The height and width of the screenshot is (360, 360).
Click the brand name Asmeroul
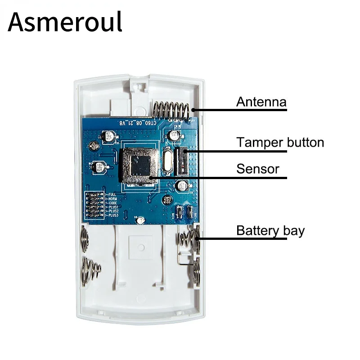click(x=65, y=22)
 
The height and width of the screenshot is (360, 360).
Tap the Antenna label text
click(x=261, y=102)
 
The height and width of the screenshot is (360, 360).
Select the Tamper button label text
click(x=280, y=143)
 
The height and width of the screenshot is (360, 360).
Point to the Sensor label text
click(x=258, y=169)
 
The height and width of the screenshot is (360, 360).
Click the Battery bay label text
click(x=270, y=231)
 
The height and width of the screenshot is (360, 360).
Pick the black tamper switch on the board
click(x=183, y=161)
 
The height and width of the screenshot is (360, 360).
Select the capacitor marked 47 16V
click(x=108, y=135)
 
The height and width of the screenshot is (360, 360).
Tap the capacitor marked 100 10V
click(x=99, y=168)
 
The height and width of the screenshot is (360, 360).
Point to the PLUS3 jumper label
click(x=114, y=216)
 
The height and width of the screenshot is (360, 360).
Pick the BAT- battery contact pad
click(x=191, y=212)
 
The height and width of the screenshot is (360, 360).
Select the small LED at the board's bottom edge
click(x=141, y=220)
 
